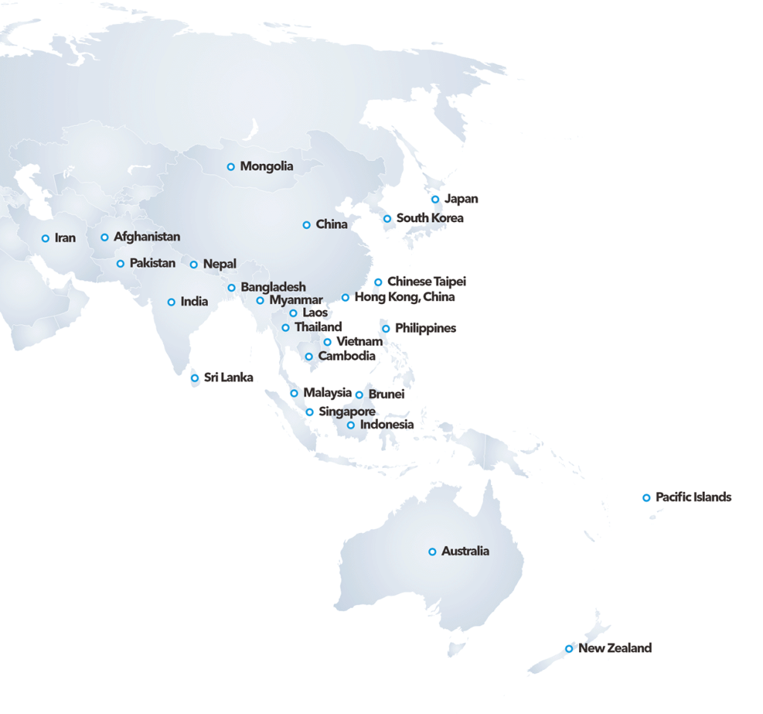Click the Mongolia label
pyautogui.click(x=266, y=167)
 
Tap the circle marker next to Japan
pyautogui.click(x=435, y=200)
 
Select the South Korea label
pyautogui.click(x=429, y=218)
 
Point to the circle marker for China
pyautogui.click(x=306, y=225)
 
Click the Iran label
pyautogui.click(x=65, y=238)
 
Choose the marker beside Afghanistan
pyautogui.click(x=104, y=238)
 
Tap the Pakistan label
pyautogui.click(x=152, y=263)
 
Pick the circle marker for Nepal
pyautogui.click(x=194, y=265)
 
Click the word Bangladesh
pyautogui.click(x=273, y=287)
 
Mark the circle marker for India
pyautogui.click(x=171, y=303)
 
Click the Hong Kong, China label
pyautogui.click(x=404, y=297)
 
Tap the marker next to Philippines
pyautogui.click(x=386, y=329)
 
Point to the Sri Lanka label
pyautogui.click(x=228, y=378)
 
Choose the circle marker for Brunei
pyautogui.click(x=359, y=395)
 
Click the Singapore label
pyautogui.click(x=346, y=412)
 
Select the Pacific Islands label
pyautogui.click(x=693, y=497)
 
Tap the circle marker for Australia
pyautogui.click(x=432, y=552)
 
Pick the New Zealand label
pyautogui.click(x=615, y=648)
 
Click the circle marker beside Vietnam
pyautogui.click(x=327, y=342)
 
